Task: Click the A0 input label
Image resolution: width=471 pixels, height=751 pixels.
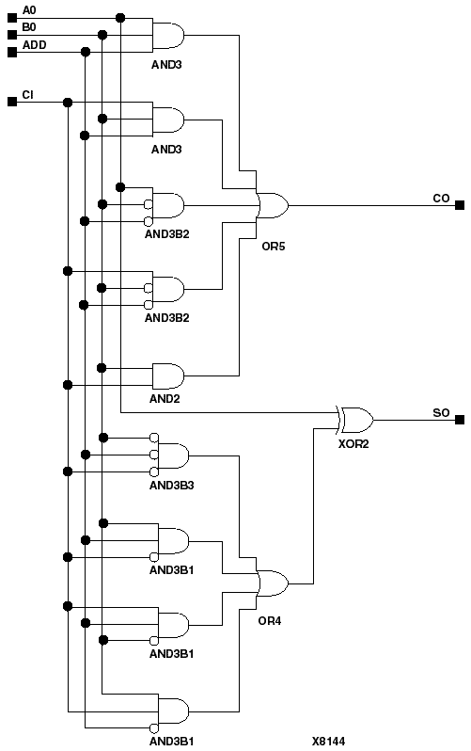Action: coord(28,10)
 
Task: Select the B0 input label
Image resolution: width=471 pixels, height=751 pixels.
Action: coord(28,27)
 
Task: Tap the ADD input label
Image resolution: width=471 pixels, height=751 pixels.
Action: coord(34,44)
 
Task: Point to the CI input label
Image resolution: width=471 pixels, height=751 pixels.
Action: coord(27,94)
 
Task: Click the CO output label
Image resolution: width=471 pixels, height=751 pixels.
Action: coord(440,198)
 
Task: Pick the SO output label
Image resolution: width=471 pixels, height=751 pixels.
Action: coord(440,413)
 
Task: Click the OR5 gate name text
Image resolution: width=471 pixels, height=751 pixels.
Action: coord(273,246)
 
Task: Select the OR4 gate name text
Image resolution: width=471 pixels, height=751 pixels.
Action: coord(271,621)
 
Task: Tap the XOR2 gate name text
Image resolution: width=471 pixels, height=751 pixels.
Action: coord(354,442)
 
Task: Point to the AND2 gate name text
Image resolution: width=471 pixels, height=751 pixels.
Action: coord(165,399)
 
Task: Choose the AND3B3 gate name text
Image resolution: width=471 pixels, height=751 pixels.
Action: coord(172,485)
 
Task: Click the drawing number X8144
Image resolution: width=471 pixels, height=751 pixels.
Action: coord(328,741)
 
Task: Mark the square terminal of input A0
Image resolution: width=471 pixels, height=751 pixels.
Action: coord(12,17)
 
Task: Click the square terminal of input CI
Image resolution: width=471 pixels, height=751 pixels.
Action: coord(12,102)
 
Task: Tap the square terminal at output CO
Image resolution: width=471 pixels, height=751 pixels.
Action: coord(459,205)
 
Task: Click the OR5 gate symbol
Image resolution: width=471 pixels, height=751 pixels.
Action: coord(273,205)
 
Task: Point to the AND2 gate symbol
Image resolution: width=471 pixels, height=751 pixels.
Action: coord(168,375)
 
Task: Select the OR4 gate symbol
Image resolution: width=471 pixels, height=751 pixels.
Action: coord(273,583)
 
